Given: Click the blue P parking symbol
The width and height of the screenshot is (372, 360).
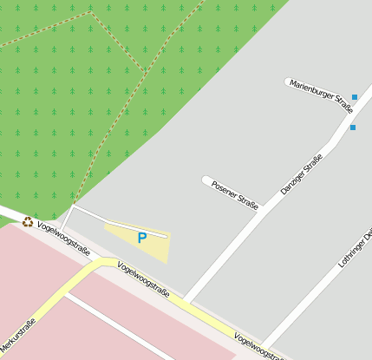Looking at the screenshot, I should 141,238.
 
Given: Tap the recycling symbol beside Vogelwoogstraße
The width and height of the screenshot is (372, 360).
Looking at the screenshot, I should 28,222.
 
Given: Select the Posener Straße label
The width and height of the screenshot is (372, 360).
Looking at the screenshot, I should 235,195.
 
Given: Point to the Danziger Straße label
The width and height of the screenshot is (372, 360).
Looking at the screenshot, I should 301,173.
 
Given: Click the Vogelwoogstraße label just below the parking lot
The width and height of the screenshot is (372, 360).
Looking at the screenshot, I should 143,281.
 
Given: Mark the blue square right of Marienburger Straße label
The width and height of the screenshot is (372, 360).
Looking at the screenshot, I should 354,97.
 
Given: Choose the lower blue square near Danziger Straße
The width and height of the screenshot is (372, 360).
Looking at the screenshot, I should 352,128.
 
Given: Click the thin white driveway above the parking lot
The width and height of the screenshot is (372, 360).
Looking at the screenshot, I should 121,220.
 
